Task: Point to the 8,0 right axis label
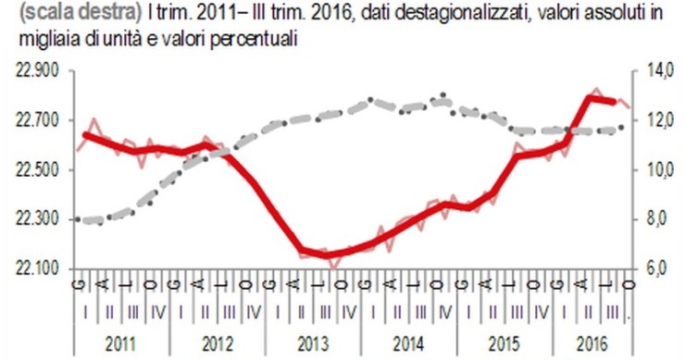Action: pyautogui.click(x=661, y=220)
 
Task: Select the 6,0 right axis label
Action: pyautogui.click(x=661, y=269)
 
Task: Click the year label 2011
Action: pyautogui.click(x=120, y=341)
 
